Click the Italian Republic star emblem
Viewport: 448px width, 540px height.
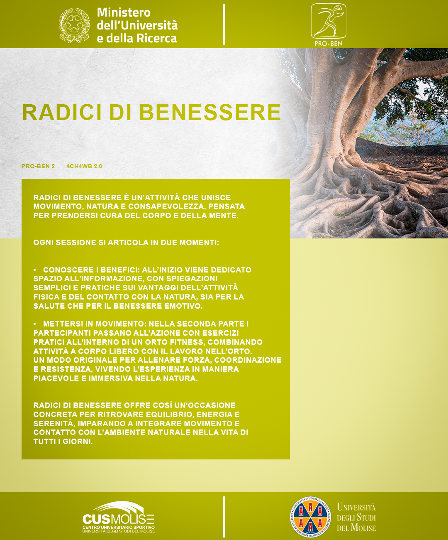(x=74, y=25)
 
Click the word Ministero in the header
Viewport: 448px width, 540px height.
(x=124, y=12)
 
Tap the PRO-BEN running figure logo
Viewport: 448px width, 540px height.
(x=328, y=21)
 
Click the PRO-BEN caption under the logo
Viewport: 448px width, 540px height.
(x=329, y=43)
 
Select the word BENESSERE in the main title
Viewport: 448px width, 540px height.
(x=210, y=112)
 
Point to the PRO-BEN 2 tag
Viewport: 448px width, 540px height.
(x=38, y=166)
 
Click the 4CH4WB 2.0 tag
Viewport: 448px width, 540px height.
(x=84, y=166)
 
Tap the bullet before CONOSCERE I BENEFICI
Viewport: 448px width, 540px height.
(x=35, y=270)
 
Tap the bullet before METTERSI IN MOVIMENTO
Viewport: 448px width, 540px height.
(x=35, y=324)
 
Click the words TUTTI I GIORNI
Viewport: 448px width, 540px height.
(x=63, y=442)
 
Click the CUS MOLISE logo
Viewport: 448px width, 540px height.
(x=119, y=518)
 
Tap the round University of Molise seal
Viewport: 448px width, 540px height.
(x=310, y=517)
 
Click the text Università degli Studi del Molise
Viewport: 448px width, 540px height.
(x=356, y=518)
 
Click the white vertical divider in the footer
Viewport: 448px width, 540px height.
(x=224, y=517)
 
